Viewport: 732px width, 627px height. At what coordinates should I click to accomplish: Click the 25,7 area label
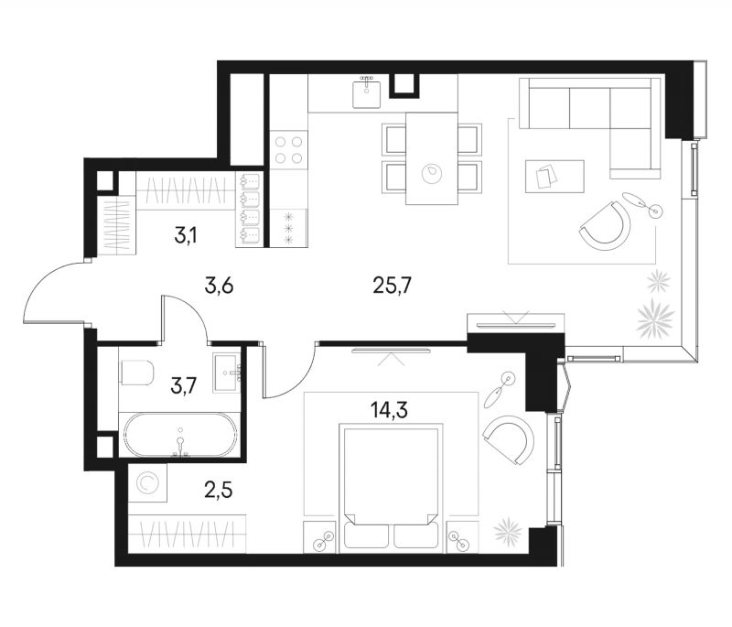[x=392, y=286]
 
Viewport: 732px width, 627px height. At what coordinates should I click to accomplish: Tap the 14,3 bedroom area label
[x=390, y=410]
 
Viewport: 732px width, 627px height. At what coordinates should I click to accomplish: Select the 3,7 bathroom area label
[x=185, y=386]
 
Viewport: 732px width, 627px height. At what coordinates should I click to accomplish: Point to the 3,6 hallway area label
[x=219, y=286]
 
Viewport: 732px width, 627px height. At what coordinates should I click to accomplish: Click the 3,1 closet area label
[x=186, y=236]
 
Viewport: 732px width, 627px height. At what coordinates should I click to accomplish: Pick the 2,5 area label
[x=218, y=491]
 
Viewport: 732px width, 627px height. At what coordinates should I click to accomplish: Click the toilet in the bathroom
[x=136, y=373]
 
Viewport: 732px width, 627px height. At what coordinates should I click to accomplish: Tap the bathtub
[x=180, y=435]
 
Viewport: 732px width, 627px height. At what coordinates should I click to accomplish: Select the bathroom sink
[x=227, y=373]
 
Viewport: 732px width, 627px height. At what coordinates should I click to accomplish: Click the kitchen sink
[x=367, y=93]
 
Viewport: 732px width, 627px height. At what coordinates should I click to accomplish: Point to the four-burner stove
[x=289, y=150]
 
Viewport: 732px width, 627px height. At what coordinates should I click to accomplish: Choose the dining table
[x=431, y=158]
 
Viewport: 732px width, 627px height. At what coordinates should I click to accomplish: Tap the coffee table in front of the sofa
[x=554, y=176]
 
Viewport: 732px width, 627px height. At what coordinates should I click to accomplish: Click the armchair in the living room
[x=607, y=225]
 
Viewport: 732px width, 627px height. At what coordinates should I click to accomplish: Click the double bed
[x=391, y=488]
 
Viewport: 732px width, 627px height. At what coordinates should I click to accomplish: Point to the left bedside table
[x=319, y=537]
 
